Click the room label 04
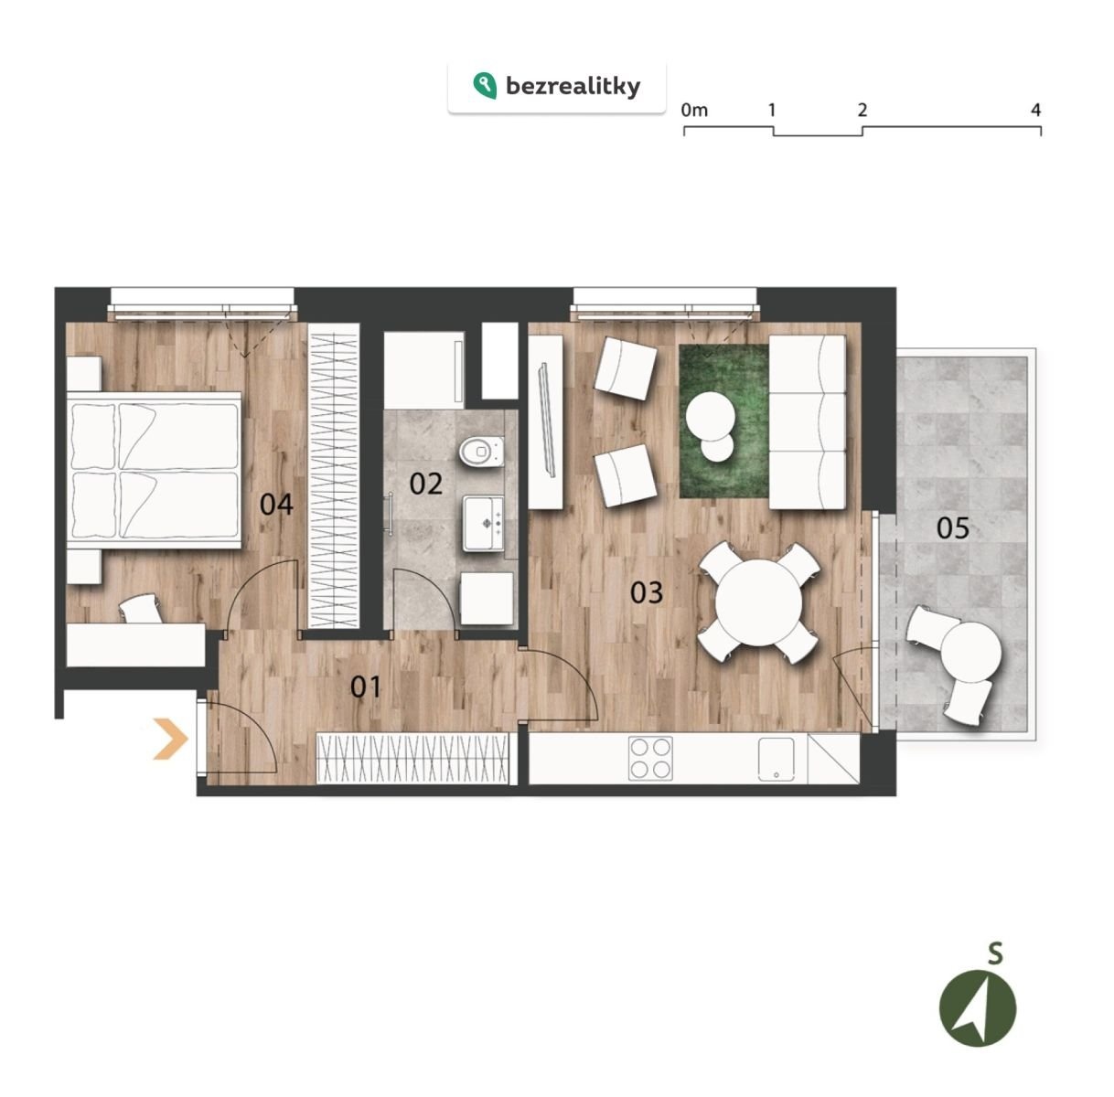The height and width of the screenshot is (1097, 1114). pyautogui.click(x=276, y=505)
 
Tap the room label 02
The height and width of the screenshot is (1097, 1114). pyautogui.click(x=426, y=484)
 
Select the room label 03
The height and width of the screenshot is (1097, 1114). pyautogui.click(x=647, y=592)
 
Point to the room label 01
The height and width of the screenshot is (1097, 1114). pyautogui.click(x=366, y=687)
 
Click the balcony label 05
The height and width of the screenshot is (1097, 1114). pyautogui.click(x=953, y=528)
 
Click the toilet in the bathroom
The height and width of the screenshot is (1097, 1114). pyautogui.click(x=481, y=452)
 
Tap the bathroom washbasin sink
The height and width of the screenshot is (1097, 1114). pyautogui.click(x=483, y=523)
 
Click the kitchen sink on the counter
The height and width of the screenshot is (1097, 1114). pyautogui.click(x=776, y=759)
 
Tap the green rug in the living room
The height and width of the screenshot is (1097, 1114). pyautogui.click(x=723, y=421)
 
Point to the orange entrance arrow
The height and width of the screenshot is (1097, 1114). pyautogui.click(x=170, y=738)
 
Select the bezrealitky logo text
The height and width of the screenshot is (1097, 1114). pyautogui.click(x=573, y=87)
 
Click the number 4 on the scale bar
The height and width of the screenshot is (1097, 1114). pyautogui.click(x=1035, y=109)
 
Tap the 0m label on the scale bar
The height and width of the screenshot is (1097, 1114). pyautogui.click(x=693, y=109)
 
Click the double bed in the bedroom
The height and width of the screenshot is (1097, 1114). pyautogui.click(x=154, y=470)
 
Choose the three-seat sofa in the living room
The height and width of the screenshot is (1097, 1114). pyautogui.click(x=808, y=422)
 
